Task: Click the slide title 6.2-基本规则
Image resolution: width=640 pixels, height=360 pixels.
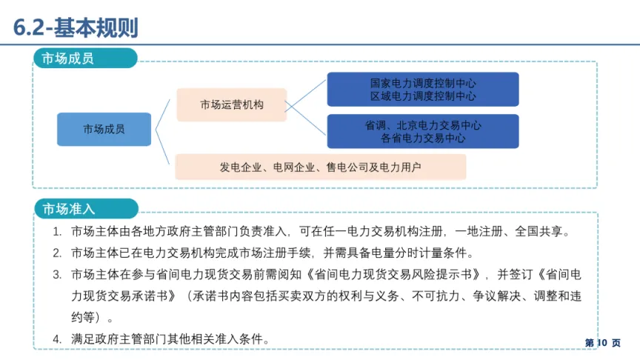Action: coord(76,27)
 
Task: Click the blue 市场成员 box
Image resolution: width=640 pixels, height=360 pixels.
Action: coord(104,129)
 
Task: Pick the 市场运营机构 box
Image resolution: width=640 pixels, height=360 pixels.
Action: coord(231,104)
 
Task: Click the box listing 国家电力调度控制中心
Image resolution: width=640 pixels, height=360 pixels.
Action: coord(423,90)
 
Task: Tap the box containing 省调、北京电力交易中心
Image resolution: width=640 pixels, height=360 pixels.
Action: coord(423,131)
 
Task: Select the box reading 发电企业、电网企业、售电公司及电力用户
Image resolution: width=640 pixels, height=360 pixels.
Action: coord(320,167)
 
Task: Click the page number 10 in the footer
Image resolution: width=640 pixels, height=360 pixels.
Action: coord(601,343)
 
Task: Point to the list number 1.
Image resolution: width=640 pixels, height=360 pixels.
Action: coord(57,232)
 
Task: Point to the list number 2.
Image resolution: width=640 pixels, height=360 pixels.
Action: coord(57,253)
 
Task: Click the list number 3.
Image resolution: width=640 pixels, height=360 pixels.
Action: coord(57,275)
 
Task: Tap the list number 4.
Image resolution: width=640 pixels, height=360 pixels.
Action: coord(57,339)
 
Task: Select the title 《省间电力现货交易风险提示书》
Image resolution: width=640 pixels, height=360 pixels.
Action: coord(390,275)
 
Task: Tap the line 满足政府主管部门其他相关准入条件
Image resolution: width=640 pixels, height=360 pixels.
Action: coord(169,339)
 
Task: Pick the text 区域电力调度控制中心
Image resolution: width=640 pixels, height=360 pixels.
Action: coord(423,96)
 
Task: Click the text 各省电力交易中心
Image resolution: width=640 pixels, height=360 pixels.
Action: coord(423,138)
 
